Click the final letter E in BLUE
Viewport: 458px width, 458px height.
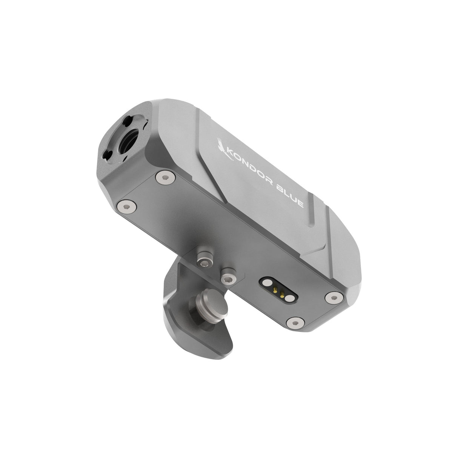[301, 203]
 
